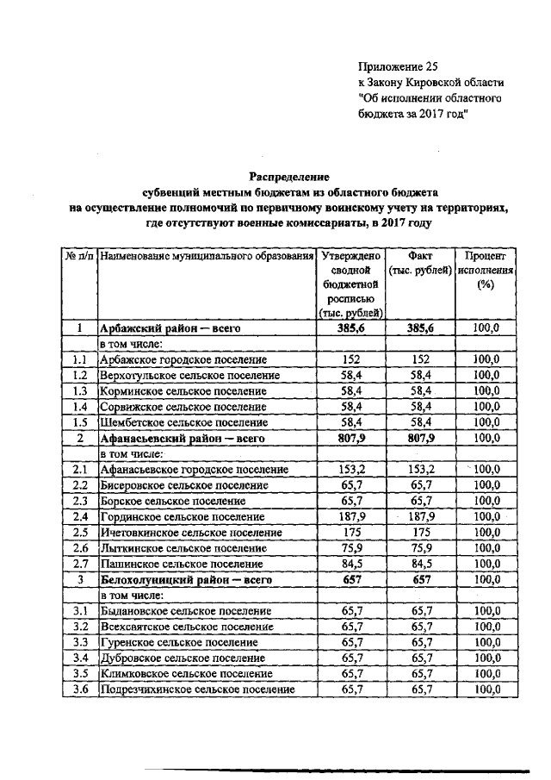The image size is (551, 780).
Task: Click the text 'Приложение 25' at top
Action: [395, 66]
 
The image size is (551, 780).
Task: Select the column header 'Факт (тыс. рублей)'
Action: [421, 264]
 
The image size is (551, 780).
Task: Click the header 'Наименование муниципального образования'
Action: [205, 257]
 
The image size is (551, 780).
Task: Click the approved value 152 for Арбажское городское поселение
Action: [350, 359]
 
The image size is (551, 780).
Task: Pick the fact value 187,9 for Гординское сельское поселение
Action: [421, 517]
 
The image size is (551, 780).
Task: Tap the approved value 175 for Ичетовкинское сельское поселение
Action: [350, 533]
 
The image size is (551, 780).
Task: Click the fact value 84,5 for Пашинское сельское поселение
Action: [421, 565]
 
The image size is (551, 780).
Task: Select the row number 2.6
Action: [80, 549]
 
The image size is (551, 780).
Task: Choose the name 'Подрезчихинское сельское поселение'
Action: [198, 690]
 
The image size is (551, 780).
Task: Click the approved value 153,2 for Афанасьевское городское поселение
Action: [350, 470]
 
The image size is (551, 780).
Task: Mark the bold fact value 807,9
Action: [421, 438]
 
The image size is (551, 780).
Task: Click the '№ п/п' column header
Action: [78, 257]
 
